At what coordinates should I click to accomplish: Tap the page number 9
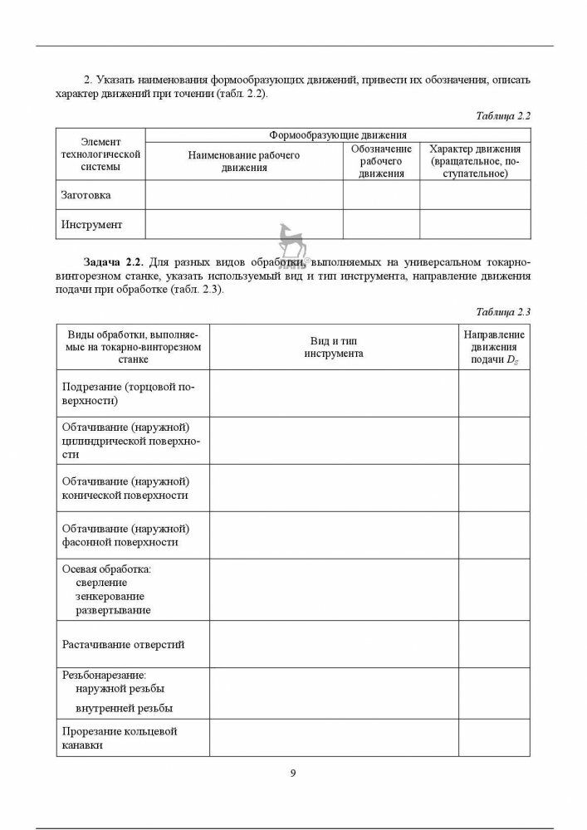[293, 773]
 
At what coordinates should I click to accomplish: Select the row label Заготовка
[86, 195]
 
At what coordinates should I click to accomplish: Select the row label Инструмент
[91, 224]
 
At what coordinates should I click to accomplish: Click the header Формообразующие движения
[337, 134]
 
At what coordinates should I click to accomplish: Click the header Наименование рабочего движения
[244, 161]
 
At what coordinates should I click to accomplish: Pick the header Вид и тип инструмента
[333, 347]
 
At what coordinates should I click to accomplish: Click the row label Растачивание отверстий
[124, 643]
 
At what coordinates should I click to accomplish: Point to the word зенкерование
[110, 597]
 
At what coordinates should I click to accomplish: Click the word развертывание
[113, 610]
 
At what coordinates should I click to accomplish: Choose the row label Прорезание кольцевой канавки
[120, 738]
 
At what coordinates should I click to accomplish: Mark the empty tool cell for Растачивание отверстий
[333, 643]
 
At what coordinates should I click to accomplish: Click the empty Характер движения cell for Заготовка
[474, 195]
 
